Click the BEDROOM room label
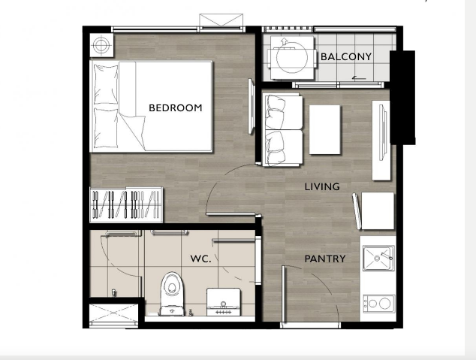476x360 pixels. [176, 107]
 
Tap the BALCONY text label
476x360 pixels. [346, 57]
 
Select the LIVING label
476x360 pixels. [322, 186]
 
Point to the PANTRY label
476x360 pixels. [325, 259]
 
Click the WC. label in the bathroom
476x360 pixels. [200, 259]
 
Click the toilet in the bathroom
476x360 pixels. [172, 293]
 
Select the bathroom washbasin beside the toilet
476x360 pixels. [224, 302]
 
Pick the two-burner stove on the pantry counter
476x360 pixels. [379, 303]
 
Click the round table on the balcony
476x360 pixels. [292, 57]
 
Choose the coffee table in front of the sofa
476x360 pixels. [324, 130]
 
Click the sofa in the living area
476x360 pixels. [283, 130]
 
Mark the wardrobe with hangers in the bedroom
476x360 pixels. [126, 204]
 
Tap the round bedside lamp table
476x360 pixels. [101, 45]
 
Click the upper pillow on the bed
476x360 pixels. [106, 84]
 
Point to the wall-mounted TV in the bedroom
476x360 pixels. [251, 106]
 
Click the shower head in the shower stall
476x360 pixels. [114, 293]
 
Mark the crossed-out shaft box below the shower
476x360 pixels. [113, 313]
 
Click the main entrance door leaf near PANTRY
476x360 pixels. [284, 293]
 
